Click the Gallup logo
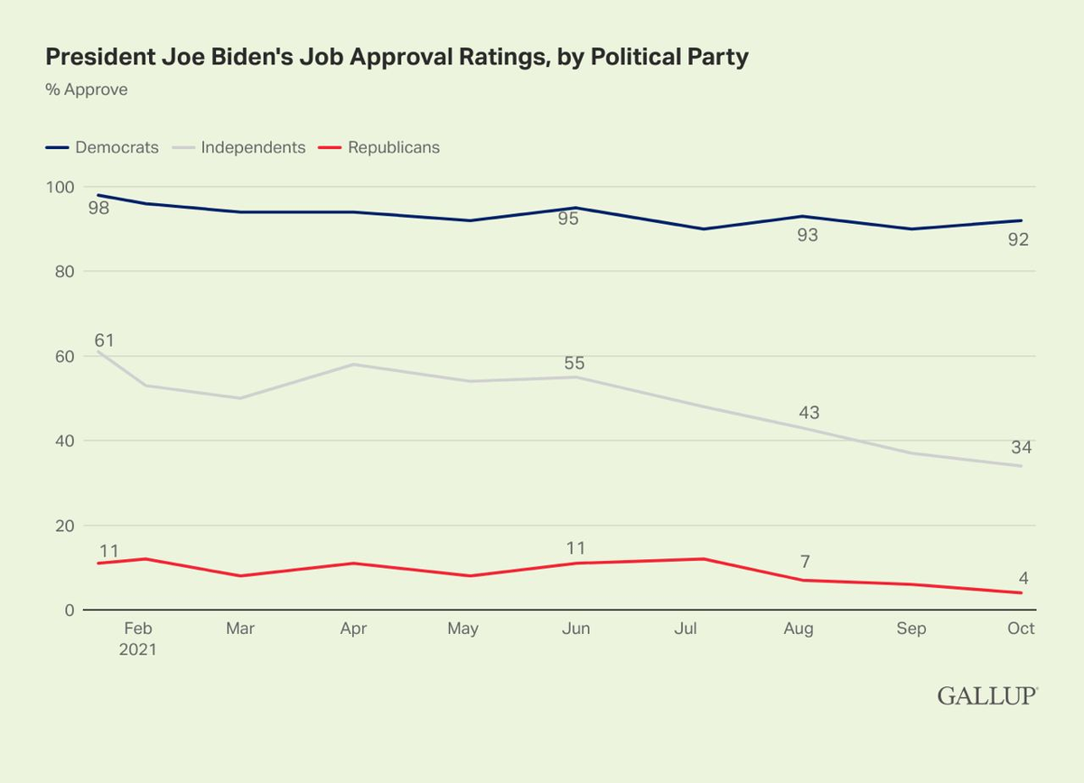[987, 695]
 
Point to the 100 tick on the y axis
[61, 187]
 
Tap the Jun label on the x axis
[575, 629]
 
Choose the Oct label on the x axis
[1021, 629]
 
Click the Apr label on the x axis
[352, 629]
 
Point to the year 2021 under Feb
[138, 649]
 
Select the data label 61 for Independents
[106, 340]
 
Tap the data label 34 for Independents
[1021, 447]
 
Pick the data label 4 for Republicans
[1024, 578]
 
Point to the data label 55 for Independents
[574, 363]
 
